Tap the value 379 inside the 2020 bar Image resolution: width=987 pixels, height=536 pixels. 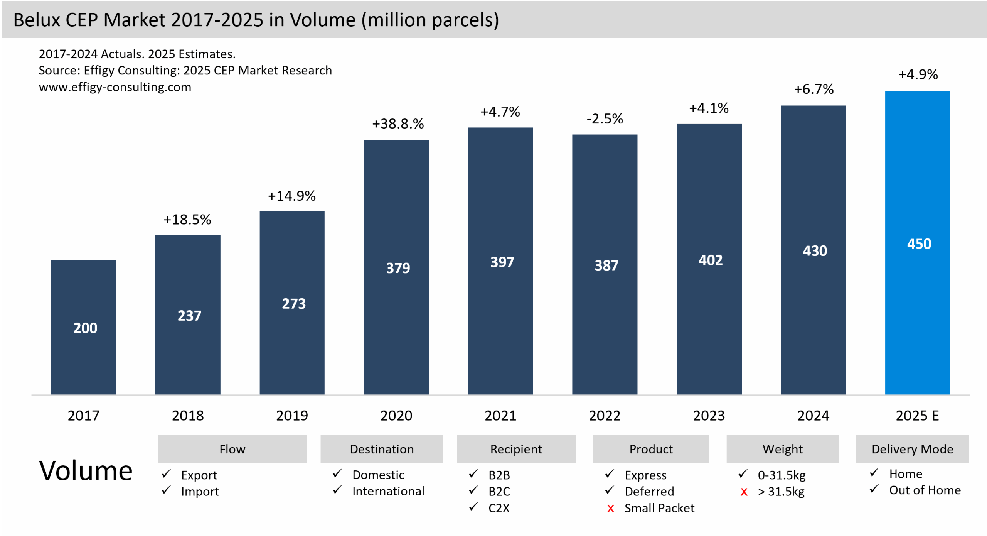click(398, 268)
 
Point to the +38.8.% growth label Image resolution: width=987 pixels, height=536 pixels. click(398, 124)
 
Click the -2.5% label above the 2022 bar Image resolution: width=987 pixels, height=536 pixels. click(605, 119)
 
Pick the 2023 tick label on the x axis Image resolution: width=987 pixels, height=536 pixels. click(709, 416)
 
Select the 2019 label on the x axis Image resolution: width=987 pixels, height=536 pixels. click(292, 416)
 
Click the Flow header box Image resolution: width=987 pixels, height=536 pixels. click(232, 449)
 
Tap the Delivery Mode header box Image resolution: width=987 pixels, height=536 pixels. click(912, 449)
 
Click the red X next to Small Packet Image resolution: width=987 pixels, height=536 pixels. click(610, 509)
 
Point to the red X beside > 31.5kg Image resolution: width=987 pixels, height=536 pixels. click(744, 492)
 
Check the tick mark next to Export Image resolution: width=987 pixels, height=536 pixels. click(166, 474)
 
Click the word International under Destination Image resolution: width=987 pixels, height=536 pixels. click(388, 491)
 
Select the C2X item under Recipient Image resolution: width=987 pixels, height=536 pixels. click(499, 508)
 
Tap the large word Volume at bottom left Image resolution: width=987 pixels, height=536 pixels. click(86, 471)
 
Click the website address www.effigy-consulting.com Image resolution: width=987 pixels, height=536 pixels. click(115, 87)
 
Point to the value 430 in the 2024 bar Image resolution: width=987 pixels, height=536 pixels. click(815, 251)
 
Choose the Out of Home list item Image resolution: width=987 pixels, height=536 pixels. click(925, 490)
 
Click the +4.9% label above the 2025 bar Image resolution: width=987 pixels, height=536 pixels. click(918, 74)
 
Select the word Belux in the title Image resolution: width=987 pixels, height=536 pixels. click(37, 20)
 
